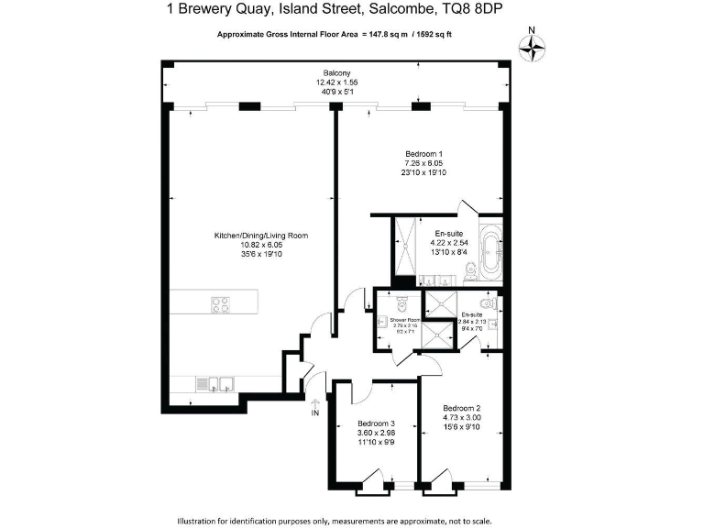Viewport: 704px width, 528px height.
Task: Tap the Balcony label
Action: tap(336, 72)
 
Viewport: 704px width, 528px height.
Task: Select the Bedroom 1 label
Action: tap(423, 153)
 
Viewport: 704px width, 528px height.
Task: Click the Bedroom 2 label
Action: tap(461, 408)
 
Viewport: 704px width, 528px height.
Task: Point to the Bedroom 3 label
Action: tap(376, 424)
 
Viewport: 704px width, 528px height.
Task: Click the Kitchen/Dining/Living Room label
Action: tap(261, 236)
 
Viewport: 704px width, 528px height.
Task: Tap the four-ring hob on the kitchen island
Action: tap(221, 304)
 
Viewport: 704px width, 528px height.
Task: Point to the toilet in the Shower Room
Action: tap(405, 304)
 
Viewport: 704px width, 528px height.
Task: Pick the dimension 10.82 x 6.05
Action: tap(261, 246)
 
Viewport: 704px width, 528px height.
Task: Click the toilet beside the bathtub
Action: tap(470, 269)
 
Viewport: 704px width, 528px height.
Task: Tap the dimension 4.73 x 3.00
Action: tap(461, 418)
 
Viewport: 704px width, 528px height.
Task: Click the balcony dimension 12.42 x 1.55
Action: tap(336, 82)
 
